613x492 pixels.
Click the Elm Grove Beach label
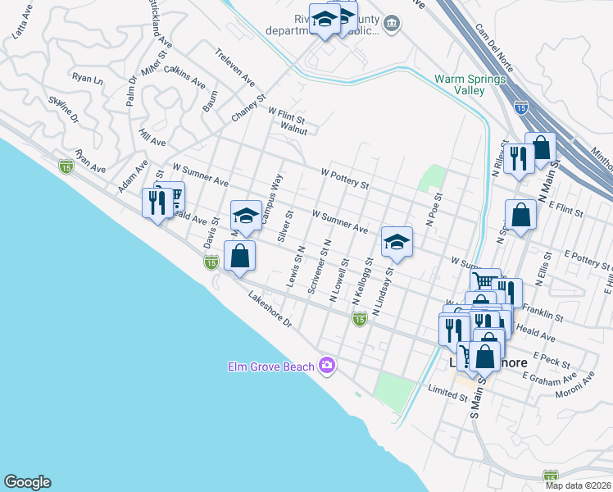(270, 366)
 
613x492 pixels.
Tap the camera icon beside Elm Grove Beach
(328, 365)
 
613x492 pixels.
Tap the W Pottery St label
(345, 179)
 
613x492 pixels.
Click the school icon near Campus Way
(245, 216)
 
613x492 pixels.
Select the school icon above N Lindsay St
(396, 241)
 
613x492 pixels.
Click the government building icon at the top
(392, 22)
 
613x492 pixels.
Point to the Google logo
(27, 482)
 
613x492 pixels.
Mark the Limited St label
(447, 397)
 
